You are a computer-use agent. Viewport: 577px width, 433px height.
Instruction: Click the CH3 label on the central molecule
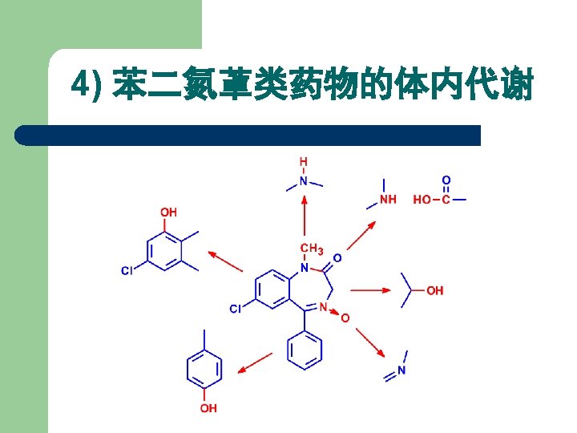(311, 249)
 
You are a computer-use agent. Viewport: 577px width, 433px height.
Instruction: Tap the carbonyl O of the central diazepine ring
(337, 258)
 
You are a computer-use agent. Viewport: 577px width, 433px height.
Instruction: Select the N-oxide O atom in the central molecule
(345, 318)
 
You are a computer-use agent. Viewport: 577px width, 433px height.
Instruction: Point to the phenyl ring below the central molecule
(305, 351)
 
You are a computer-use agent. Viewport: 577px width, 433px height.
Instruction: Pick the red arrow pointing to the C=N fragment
(370, 338)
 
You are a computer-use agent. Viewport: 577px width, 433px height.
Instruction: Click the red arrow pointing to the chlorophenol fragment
(227, 261)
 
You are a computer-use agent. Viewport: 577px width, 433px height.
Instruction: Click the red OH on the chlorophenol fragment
(168, 212)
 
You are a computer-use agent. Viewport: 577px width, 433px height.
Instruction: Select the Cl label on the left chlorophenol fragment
(127, 271)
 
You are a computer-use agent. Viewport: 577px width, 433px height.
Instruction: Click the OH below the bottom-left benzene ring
(208, 409)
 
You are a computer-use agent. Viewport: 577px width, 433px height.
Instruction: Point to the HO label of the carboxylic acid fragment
(422, 200)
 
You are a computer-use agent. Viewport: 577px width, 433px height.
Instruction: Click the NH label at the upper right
(388, 200)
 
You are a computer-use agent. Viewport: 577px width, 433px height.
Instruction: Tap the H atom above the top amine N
(304, 162)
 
